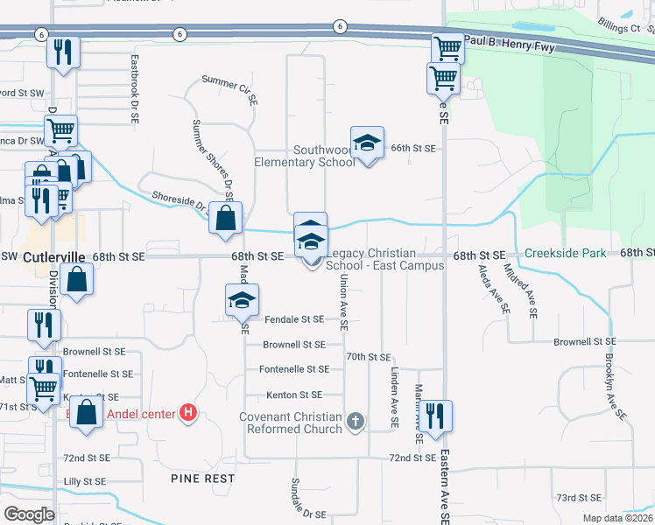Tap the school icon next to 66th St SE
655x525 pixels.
(x=368, y=143)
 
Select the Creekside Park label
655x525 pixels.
(x=565, y=253)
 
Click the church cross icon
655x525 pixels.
(x=356, y=423)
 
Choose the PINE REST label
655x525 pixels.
(x=202, y=479)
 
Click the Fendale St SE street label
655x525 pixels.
(x=295, y=320)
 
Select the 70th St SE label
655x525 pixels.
(x=368, y=357)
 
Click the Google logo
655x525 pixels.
(x=30, y=514)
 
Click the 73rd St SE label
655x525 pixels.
(x=578, y=497)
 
